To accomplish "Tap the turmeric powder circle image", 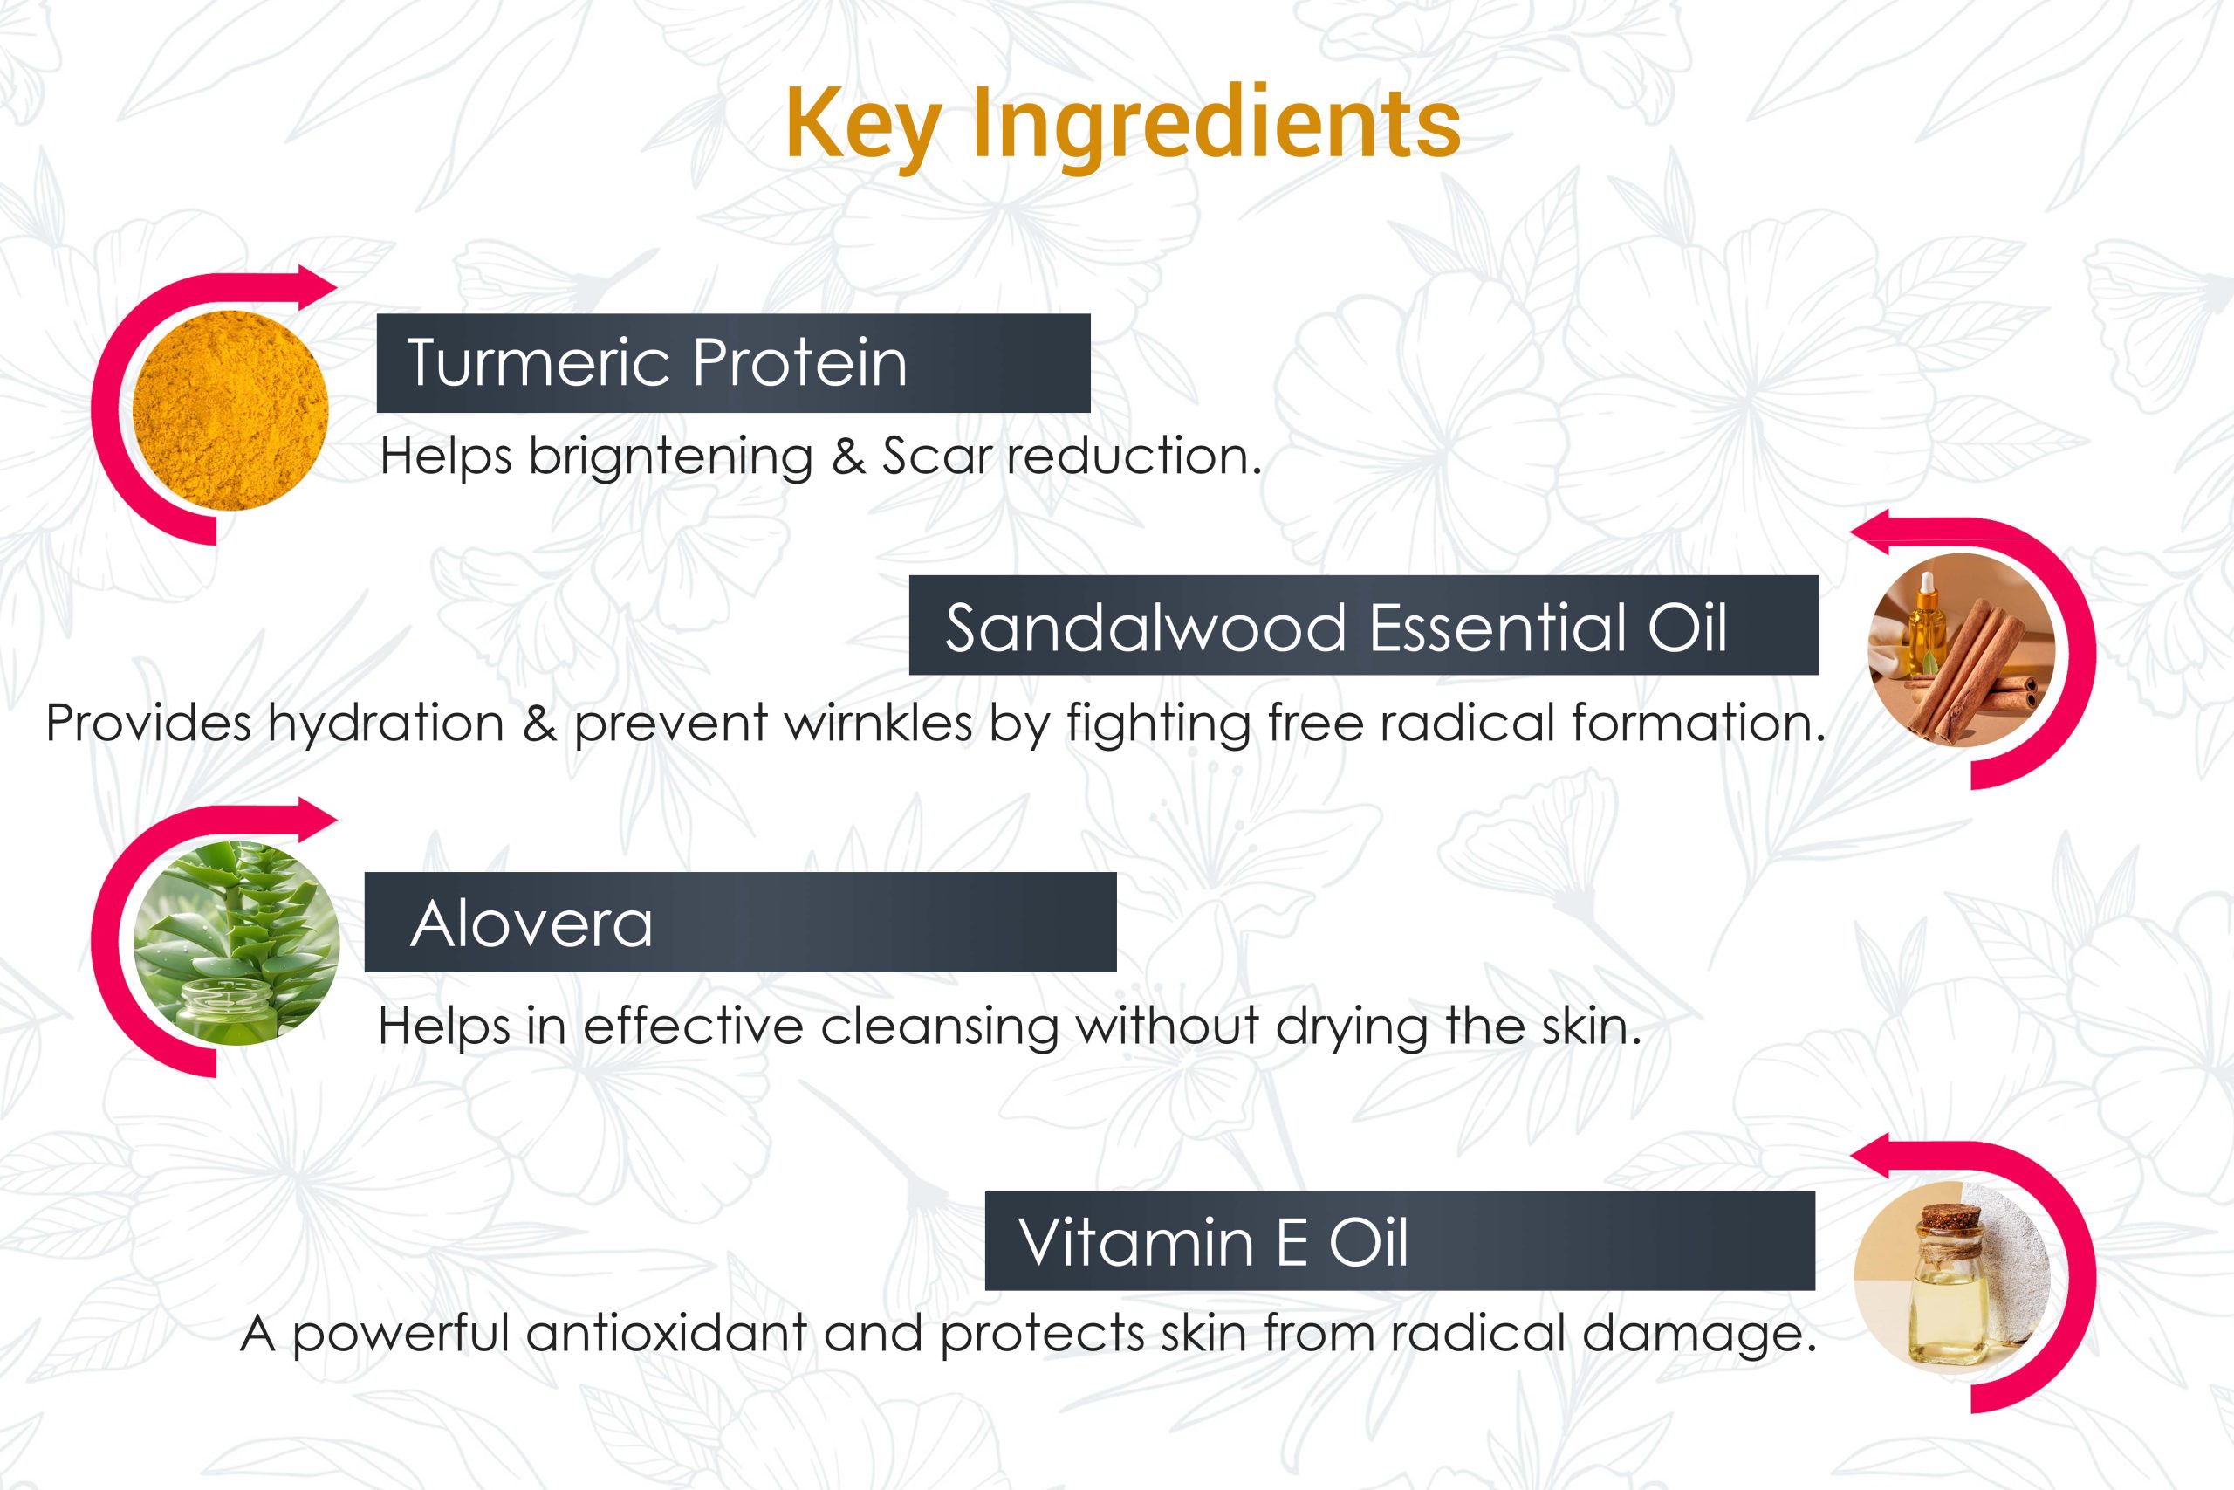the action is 230,410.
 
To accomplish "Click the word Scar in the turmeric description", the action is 935,457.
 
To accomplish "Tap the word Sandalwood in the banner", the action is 1146,628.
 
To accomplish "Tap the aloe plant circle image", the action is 236,943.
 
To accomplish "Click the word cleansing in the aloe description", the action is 941,1028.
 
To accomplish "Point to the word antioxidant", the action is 667,1333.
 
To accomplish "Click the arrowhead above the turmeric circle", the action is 318,286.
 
